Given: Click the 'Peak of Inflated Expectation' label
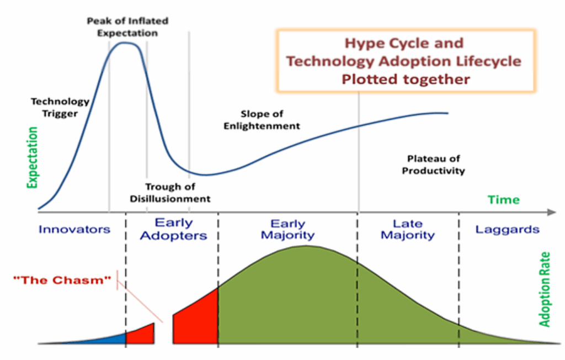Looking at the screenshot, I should pyautogui.click(x=127, y=27).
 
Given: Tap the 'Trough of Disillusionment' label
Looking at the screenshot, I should pyautogui.click(x=170, y=193).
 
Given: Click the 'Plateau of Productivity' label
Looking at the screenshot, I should pyautogui.click(x=433, y=165).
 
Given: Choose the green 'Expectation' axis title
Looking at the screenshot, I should pyautogui.click(x=33, y=158).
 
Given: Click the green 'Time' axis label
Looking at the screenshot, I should pyautogui.click(x=503, y=199).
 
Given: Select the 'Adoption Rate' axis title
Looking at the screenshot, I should pyautogui.click(x=545, y=290).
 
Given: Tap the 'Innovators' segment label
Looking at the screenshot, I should pyautogui.click(x=74, y=229).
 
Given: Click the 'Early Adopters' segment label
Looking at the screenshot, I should pyautogui.click(x=173, y=229).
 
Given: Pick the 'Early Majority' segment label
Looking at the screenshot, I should pyautogui.click(x=287, y=229).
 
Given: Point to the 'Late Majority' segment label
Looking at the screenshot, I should pyautogui.click(x=408, y=229).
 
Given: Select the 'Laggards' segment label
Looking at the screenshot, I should pyautogui.click(x=507, y=229).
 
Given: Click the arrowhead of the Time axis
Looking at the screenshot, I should pyautogui.click(x=551, y=212).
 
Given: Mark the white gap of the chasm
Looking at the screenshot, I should pyautogui.click(x=163, y=334).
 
